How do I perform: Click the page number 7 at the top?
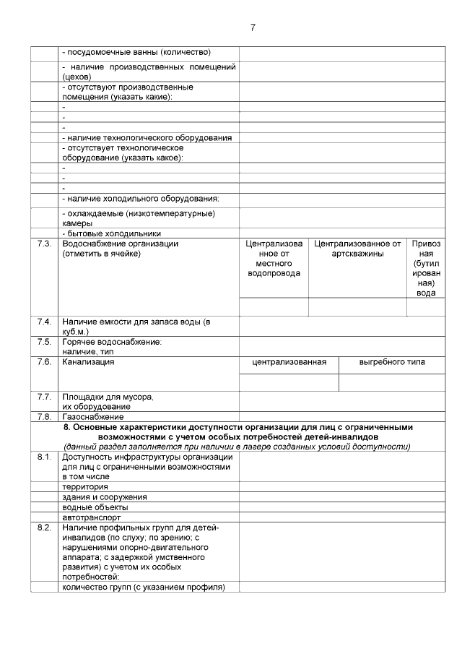coord(252,27)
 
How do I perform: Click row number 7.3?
coord(44,244)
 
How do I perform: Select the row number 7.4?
coord(44,321)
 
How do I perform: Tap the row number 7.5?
coord(44,341)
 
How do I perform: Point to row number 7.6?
coord(44,361)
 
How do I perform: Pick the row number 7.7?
coord(44,396)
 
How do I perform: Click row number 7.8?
coord(44,416)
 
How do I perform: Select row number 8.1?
coord(44,457)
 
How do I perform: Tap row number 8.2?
coord(44,528)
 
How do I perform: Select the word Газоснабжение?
coord(93,416)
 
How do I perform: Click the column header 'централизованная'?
coord(289,361)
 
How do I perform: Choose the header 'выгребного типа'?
coord(392,361)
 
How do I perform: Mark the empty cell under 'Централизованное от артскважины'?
coord(357,307)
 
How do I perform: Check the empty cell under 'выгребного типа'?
coord(392,382)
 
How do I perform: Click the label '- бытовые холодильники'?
coord(111,233)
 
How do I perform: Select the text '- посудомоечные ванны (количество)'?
coord(136,52)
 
